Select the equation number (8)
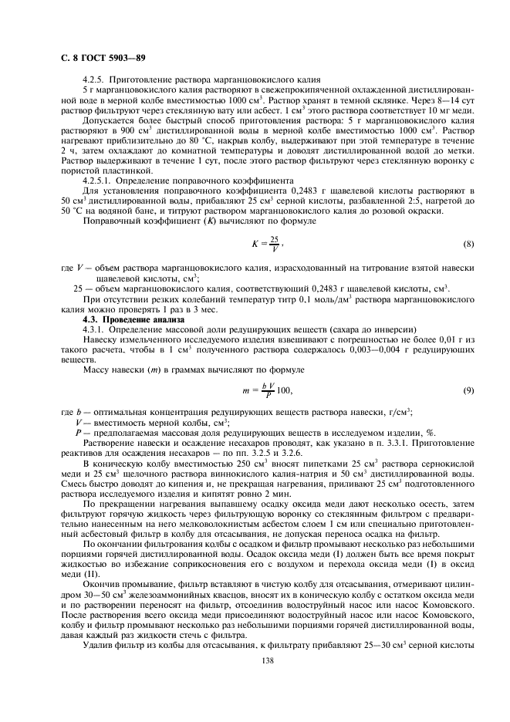click(x=468, y=245)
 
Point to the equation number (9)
click(x=468, y=390)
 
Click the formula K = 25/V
click(x=267, y=245)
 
